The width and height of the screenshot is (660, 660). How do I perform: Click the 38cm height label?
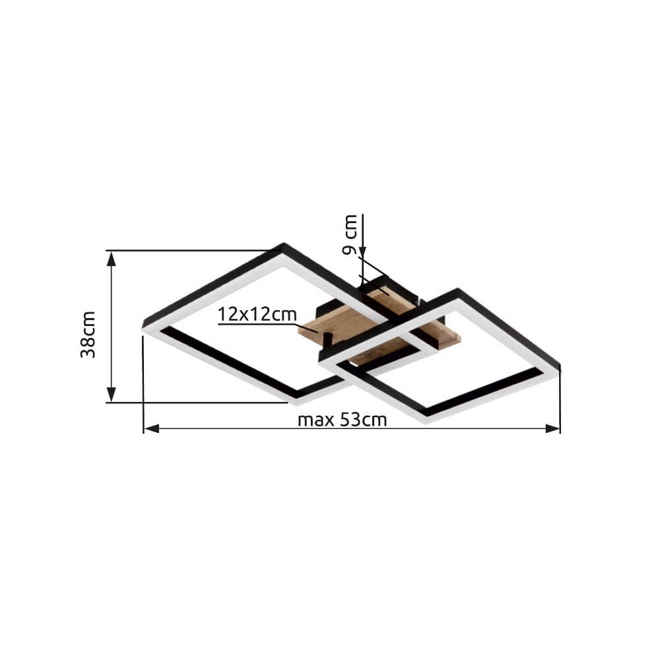[x=88, y=335]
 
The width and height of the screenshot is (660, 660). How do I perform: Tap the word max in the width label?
[x=316, y=420]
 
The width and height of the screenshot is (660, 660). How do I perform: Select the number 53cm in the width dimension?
[x=363, y=420]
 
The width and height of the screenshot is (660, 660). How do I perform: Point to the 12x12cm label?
[x=257, y=314]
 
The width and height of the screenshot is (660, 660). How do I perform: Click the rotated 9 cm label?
[x=350, y=235]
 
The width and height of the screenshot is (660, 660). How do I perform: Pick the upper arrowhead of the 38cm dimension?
[x=111, y=259]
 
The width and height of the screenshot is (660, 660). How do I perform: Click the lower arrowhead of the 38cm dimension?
[x=111, y=395]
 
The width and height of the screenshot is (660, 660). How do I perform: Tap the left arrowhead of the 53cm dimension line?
[x=152, y=428]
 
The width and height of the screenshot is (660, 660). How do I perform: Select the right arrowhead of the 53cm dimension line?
[x=552, y=428]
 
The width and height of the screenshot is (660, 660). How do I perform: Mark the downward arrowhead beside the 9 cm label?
[x=363, y=251]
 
